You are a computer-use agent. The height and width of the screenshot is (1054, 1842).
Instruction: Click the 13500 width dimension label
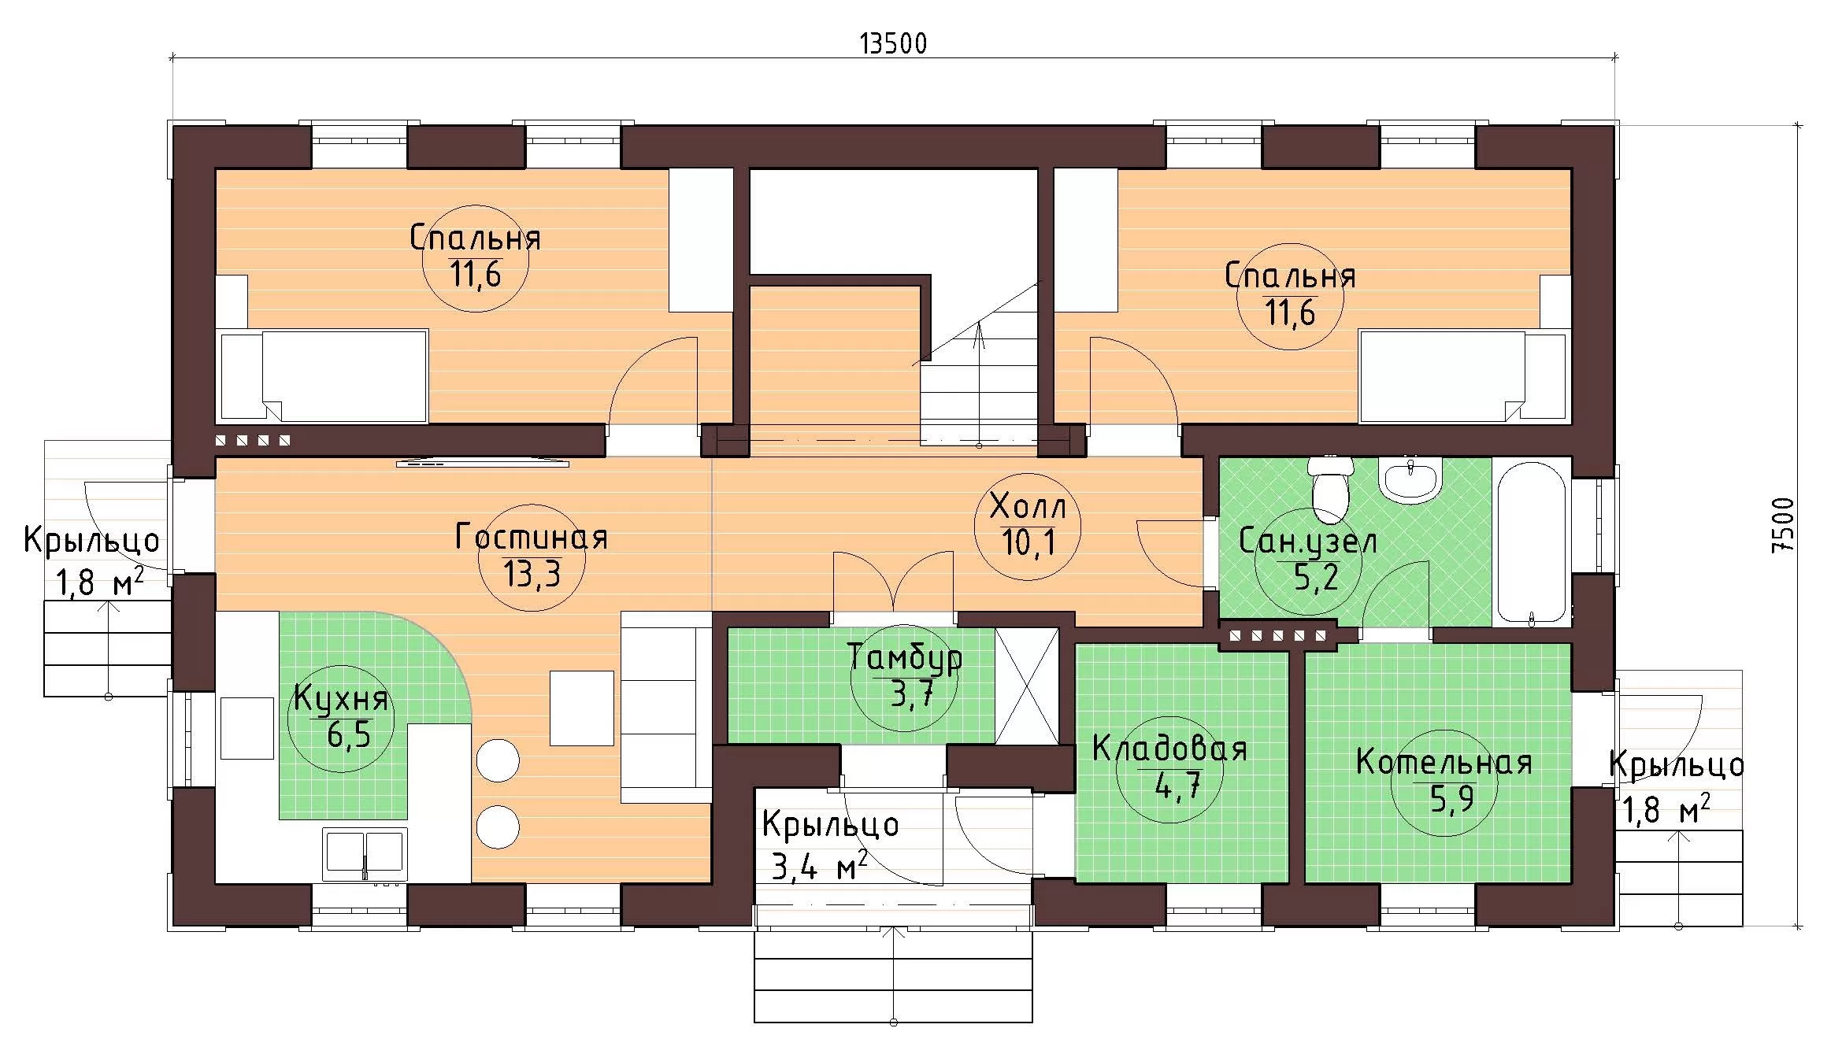[893, 43]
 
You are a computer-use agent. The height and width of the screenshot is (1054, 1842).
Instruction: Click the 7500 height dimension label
[1782, 525]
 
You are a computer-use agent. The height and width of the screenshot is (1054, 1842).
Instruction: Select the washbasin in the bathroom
[1410, 480]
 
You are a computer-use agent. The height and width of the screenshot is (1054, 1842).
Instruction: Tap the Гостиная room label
[532, 537]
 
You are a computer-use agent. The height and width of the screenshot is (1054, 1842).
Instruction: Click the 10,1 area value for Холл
[1028, 542]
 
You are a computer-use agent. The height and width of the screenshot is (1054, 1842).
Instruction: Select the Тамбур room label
[905, 658]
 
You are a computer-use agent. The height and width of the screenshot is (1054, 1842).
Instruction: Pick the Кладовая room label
[1169, 749]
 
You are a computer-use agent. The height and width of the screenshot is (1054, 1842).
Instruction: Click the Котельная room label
[1444, 762]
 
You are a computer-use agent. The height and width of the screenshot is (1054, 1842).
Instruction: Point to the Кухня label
[341, 699]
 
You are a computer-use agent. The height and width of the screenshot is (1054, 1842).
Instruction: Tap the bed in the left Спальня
[324, 375]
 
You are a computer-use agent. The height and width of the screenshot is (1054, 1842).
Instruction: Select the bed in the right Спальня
[1462, 376]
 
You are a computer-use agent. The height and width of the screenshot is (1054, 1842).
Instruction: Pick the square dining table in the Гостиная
[581, 708]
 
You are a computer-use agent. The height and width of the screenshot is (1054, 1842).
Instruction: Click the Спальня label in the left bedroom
[475, 238]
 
